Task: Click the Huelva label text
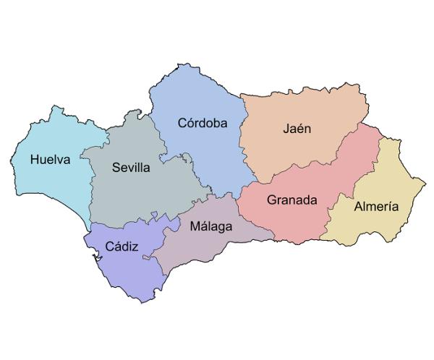pos(51,160)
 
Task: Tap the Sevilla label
pos(131,168)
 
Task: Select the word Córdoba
pos(203,123)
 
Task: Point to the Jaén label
pos(297,129)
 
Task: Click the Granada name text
pos(292,200)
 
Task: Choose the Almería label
pos(376,206)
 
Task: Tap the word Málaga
pos(211,226)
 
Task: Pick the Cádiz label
pos(122,247)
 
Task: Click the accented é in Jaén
pos(301,129)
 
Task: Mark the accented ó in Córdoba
pos(191,123)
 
